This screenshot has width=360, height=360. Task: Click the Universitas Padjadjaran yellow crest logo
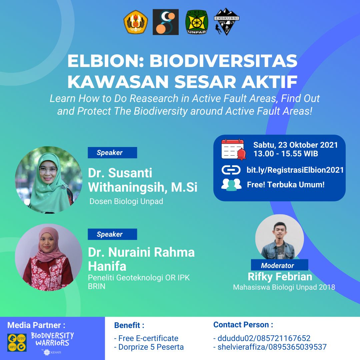(x=135, y=22)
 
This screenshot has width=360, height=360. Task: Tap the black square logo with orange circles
(x=166, y=22)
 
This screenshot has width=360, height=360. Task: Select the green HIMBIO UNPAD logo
(x=197, y=22)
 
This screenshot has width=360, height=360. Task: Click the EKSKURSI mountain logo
(x=227, y=22)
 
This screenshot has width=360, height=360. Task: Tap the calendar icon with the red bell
(x=233, y=149)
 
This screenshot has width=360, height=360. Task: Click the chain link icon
(x=231, y=170)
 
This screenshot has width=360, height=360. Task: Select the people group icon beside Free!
(x=231, y=185)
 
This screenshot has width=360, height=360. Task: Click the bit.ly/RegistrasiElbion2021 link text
(x=295, y=170)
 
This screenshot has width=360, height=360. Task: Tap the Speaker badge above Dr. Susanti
(x=113, y=153)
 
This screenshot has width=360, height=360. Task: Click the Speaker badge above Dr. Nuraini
(x=113, y=234)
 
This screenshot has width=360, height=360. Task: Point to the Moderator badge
(x=279, y=265)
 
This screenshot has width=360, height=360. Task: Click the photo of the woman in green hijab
(x=49, y=180)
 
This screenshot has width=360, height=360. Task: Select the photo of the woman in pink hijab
(x=49, y=257)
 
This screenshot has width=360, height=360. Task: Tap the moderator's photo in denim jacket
(x=279, y=238)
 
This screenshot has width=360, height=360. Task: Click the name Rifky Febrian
(x=280, y=277)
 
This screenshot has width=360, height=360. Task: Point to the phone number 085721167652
(x=284, y=338)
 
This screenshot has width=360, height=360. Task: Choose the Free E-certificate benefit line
(x=146, y=338)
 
